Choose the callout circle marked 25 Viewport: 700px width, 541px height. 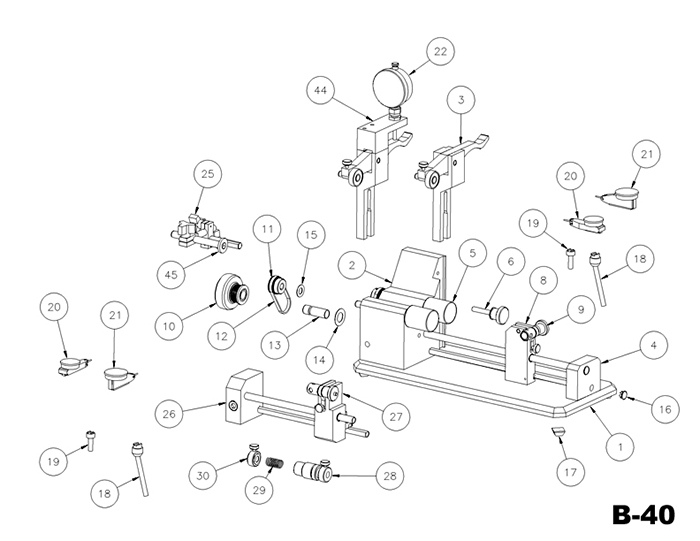click(208, 173)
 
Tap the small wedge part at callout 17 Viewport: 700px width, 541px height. click(559, 432)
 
